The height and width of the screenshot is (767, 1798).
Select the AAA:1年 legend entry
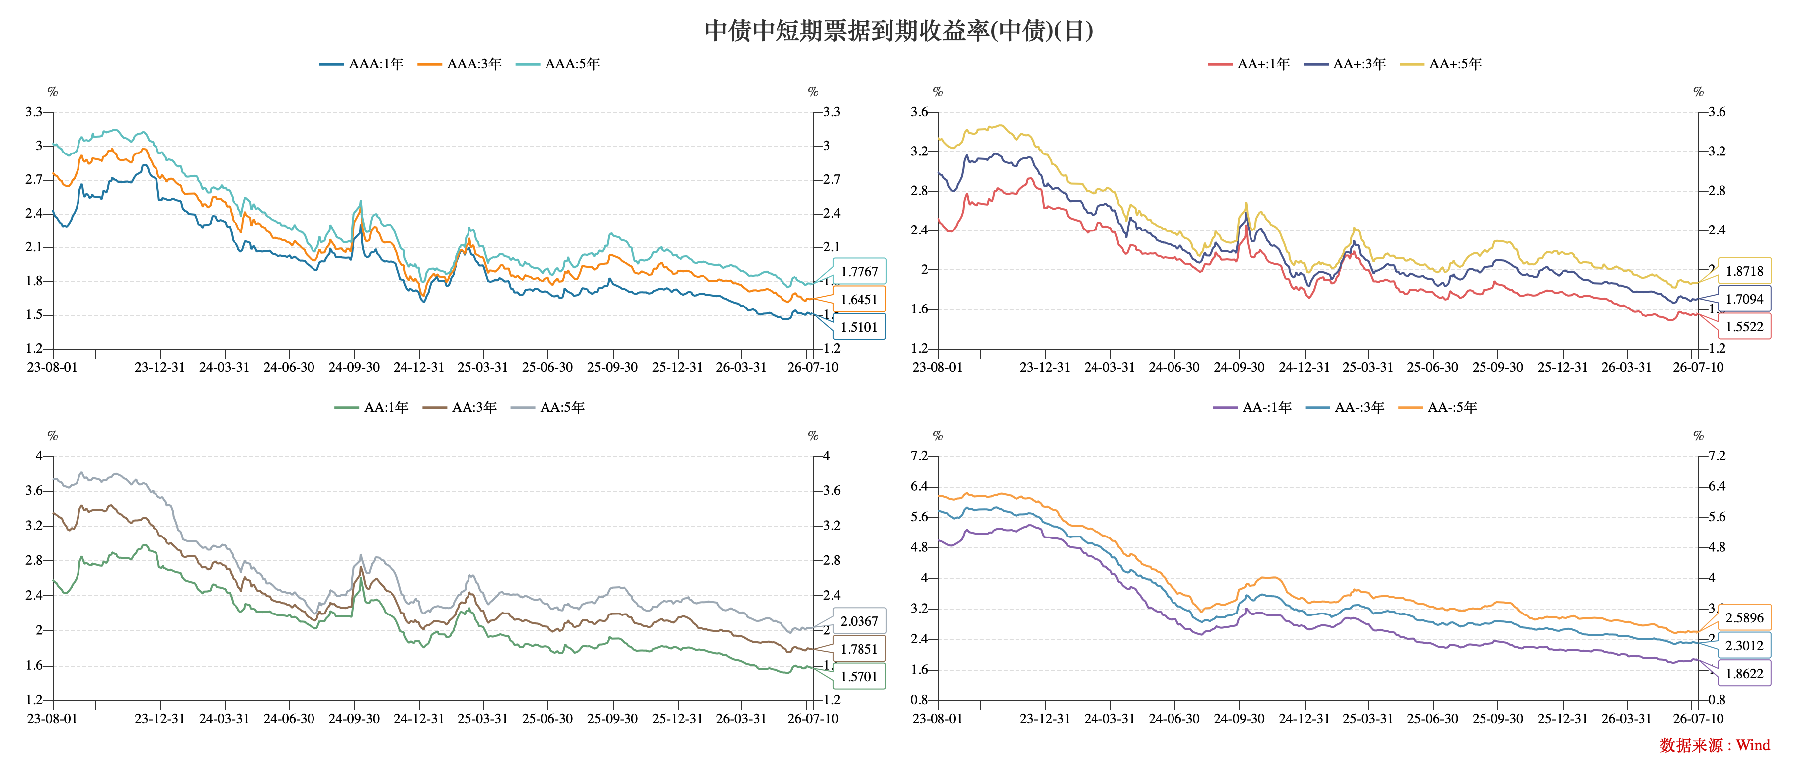click(x=362, y=64)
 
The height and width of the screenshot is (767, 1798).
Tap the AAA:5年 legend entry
click(x=558, y=64)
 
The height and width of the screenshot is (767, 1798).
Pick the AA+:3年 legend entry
click(x=1345, y=64)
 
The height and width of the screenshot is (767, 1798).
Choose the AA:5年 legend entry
click(x=548, y=407)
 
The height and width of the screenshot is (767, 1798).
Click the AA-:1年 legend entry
click(x=1252, y=407)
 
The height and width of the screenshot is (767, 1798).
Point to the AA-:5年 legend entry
click(x=1438, y=407)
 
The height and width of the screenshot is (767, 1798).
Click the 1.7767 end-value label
click(x=859, y=272)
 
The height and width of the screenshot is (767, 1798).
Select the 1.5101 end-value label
click(x=859, y=326)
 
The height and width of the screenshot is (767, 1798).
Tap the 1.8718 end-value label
click(x=1744, y=271)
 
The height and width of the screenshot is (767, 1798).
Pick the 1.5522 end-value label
click(x=1744, y=326)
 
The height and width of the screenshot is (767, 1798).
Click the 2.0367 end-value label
click(x=859, y=621)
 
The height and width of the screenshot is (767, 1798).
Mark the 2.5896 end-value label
click(x=1744, y=617)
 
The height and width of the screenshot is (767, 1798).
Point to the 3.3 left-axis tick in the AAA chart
click(x=33, y=112)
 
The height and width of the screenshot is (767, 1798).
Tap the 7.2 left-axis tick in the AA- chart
click(x=919, y=456)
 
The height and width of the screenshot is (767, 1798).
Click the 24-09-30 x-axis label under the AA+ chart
click(x=1239, y=367)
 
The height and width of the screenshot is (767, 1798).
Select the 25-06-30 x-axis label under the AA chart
click(x=547, y=719)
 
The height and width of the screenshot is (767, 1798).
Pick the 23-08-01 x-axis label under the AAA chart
click(x=52, y=367)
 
